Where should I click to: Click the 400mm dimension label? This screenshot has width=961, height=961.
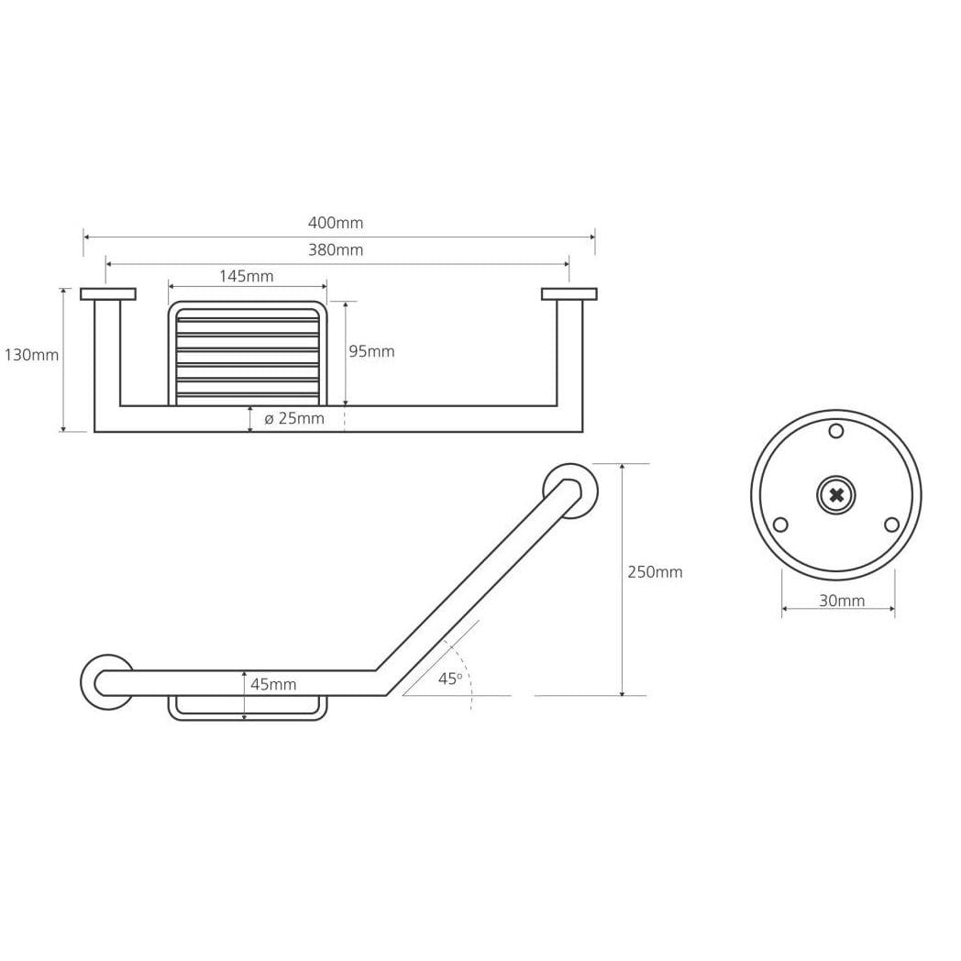click(x=336, y=223)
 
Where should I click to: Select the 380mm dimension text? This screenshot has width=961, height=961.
click(x=336, y=250)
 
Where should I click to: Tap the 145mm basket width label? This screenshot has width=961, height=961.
click(x=247, y=276)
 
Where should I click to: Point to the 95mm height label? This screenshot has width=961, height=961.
click(x=371, y=351)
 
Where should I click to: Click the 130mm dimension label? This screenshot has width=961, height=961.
click(x=31, y=355)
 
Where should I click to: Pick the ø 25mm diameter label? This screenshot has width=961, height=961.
click(x=294, y=418)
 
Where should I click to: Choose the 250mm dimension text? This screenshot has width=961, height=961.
click(x=655, y=572)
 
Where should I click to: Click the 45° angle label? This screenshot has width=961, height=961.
click(x=450, y=679)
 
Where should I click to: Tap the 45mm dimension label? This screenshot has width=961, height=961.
click(x=273, y=684)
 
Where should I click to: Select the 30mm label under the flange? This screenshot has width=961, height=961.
click(x=842, y=601)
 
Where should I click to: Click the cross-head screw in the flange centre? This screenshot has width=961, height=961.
click(x=836, y=494)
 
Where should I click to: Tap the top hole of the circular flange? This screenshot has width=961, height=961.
click(x=836, y=431)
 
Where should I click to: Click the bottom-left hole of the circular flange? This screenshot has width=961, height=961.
click(x=780, y=525)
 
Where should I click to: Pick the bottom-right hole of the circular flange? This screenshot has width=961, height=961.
click(x=891, y=525)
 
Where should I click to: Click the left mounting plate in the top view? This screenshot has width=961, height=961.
click(x=108, y=294)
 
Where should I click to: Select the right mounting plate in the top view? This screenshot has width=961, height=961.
click(x=569, y=294)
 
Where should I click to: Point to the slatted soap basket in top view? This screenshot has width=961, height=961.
click(x=247, y=354)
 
